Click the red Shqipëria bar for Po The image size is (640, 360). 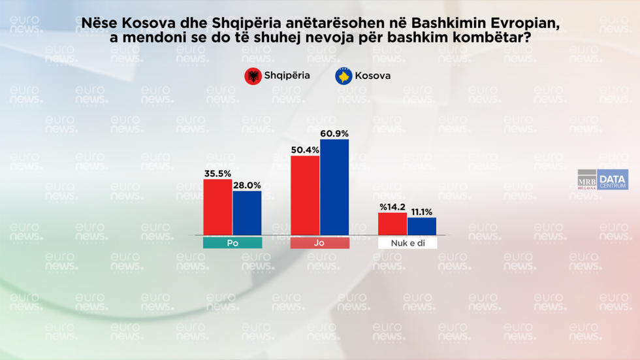point(217,206)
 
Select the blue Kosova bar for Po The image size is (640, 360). point(247,213)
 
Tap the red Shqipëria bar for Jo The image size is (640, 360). point(305,195)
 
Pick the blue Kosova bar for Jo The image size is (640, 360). point(334,187)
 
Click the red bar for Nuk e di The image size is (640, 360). point(392,223)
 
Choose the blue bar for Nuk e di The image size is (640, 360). point(422,226)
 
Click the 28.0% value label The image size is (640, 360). point(247,185)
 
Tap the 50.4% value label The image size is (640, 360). point(305,150)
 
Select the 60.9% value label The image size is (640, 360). point(334,133)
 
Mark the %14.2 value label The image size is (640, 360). point(392,207)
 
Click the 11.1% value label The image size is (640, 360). point(422,212)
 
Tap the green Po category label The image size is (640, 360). point(232,243)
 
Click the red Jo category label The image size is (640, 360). point(320,243)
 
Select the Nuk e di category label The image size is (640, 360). point(408,243)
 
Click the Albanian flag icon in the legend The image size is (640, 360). point(253,76)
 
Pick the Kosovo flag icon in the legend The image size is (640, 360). point(344,76)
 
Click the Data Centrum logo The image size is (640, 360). point(613,180)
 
